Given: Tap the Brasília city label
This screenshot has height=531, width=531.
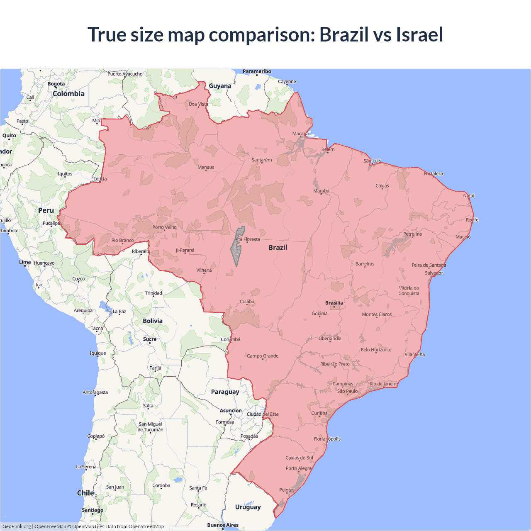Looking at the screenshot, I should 334,303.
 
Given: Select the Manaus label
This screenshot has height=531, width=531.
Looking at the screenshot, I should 206,167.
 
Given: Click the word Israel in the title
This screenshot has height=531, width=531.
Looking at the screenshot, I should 419,34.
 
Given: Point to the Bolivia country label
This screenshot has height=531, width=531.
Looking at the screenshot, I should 153,321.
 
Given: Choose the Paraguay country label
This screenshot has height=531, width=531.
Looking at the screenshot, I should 225,392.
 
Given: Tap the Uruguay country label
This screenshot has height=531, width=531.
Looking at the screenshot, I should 248,507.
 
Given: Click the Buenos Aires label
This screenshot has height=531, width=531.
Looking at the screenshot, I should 223,525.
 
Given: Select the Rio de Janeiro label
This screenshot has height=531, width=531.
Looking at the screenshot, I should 383,384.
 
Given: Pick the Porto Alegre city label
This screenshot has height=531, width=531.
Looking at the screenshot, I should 298,468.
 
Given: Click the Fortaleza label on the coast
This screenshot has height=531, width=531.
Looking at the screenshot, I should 433,173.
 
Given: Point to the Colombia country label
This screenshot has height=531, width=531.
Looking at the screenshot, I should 68,94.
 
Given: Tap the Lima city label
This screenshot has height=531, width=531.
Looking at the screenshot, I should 25,262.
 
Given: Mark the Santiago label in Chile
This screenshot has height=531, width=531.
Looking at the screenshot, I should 93,510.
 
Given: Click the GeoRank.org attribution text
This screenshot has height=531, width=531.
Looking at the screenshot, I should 17,526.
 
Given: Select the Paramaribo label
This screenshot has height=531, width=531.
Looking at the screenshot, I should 257,71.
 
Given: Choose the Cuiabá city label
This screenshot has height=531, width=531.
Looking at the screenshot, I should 247,302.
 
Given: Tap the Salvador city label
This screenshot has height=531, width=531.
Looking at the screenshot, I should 434,273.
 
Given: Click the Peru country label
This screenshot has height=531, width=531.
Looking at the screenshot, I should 46,210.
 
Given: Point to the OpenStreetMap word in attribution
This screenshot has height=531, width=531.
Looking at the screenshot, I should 146,526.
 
